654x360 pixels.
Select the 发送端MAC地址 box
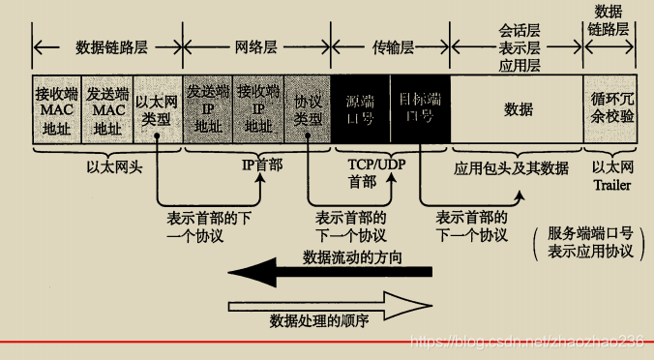coord(107,109)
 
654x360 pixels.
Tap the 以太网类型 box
coord(156,109)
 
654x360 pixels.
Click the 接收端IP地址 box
coord(257,109)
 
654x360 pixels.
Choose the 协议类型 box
coord(307,109)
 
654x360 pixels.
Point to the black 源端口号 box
coord(361,109)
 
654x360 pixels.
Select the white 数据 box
coord(518,109)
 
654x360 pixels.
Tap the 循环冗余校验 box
coord(612,109)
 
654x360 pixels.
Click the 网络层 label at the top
coord(256,45)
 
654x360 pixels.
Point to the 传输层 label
coord(391,45)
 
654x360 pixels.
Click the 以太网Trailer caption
coord(612,173)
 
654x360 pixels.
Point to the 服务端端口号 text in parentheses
coord(587,233)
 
